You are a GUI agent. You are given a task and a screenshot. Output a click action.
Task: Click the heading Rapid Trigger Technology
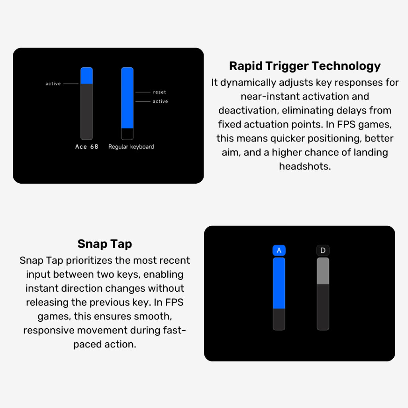pos(305,66)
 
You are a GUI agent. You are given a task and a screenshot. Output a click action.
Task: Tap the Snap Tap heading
pos(105,244)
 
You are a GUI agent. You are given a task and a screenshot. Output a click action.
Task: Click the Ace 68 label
pos(86,147)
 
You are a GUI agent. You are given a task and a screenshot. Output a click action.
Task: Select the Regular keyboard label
pos(131,147)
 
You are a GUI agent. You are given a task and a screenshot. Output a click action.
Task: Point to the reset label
pos(159,92)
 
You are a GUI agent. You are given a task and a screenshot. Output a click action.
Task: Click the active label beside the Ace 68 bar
pos(53,84)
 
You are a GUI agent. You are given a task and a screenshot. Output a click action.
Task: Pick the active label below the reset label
pos(160,101)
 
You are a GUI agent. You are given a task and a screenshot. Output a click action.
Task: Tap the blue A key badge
pos(279,250)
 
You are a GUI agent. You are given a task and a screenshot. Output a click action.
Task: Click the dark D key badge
pos(323,250)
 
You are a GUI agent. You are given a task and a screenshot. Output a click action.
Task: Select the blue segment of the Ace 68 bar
pos(86,76)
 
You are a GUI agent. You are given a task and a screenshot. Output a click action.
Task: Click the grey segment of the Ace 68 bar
pos(86,112)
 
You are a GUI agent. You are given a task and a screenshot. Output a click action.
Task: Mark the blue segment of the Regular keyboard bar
pos(127,98)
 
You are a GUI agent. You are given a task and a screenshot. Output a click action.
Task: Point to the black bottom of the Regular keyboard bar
pos(127,134)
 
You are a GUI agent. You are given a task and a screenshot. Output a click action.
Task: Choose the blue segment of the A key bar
pos(279,283)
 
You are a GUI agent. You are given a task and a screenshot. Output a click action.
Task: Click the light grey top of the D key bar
pos(323,271)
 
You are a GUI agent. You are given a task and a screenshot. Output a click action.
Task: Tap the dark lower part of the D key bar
pos(323,307)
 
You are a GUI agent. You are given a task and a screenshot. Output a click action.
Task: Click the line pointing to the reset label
pos(143,92)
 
